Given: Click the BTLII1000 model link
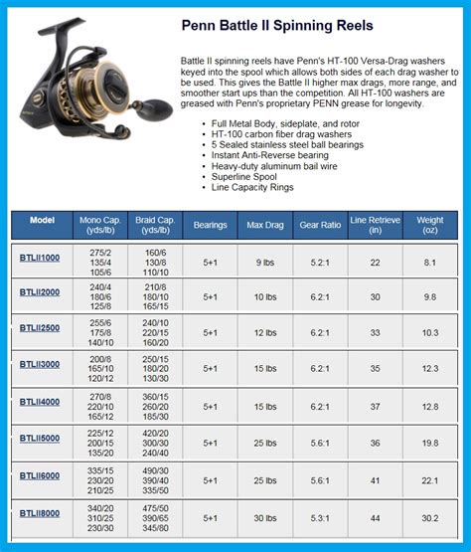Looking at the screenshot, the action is tap(40, 259).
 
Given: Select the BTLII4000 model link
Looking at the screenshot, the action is tap(40, 402).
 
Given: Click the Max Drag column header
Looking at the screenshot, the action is tap(265, 225).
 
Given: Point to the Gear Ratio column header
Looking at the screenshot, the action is tap(321, 225).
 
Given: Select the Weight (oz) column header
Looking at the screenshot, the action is tap(430, 225).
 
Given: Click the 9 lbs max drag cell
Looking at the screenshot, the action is tap(265, 261).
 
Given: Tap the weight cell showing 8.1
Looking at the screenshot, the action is tap(430, 261).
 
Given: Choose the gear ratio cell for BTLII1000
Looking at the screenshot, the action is tap(321, 261).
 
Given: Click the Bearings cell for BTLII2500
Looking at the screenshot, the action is tap(210, 332).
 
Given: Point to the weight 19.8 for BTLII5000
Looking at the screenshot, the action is tap(430, 443).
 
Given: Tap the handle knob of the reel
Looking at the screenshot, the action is tap(155, 105).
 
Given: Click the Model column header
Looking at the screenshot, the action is tap(42, 219).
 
